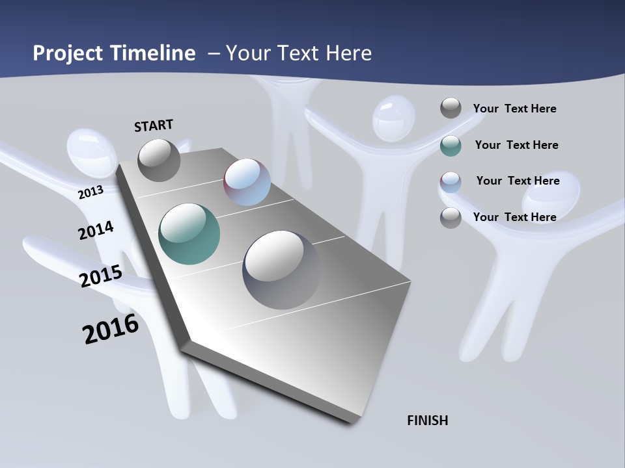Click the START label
(x=154, y=125)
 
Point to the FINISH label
(x=427, y=421)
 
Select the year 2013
(x=90, y=192)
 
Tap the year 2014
(x=96, y=230)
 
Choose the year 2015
(x=100, y=276)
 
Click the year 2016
(x=111, y=329)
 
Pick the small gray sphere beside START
(x=159, y=160)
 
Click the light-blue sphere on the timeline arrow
(x=247, y=182)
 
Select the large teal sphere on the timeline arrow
(x=189, y=234)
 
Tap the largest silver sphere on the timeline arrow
(x=281, y=270)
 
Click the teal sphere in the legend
(x=451, y=146)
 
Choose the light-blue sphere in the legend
(x=451, y=182)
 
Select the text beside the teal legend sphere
(x=516, y=145)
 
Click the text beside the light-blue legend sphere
(x=518, y=181)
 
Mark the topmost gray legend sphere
(x=451, y=108)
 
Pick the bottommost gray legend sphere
(x=451, y=218)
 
